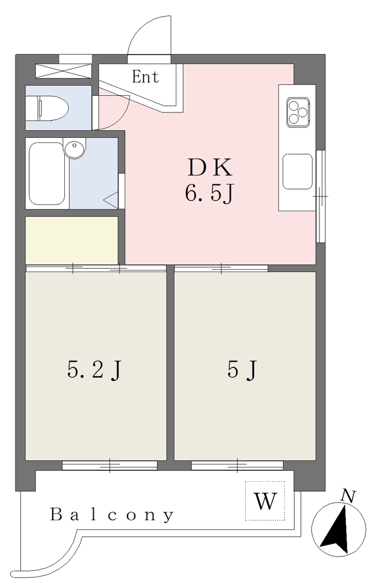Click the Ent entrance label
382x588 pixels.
(x=145, y=77)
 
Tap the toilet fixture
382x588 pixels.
(x=47, y=109)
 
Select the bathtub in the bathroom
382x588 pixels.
(x=47, y=173)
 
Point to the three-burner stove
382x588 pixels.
(x=298, y=112)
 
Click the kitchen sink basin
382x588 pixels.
(x=298, y=171)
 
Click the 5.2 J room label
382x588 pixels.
(x=95, y=370)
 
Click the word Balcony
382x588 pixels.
(x=112, y=515)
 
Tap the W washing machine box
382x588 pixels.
(x=265, y=501)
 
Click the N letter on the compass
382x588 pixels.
(x=348, y=497)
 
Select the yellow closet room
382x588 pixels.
(x=72, y=241)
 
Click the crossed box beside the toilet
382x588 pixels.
(x=63, y=71)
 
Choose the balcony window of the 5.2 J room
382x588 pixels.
(x=110, y=465)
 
